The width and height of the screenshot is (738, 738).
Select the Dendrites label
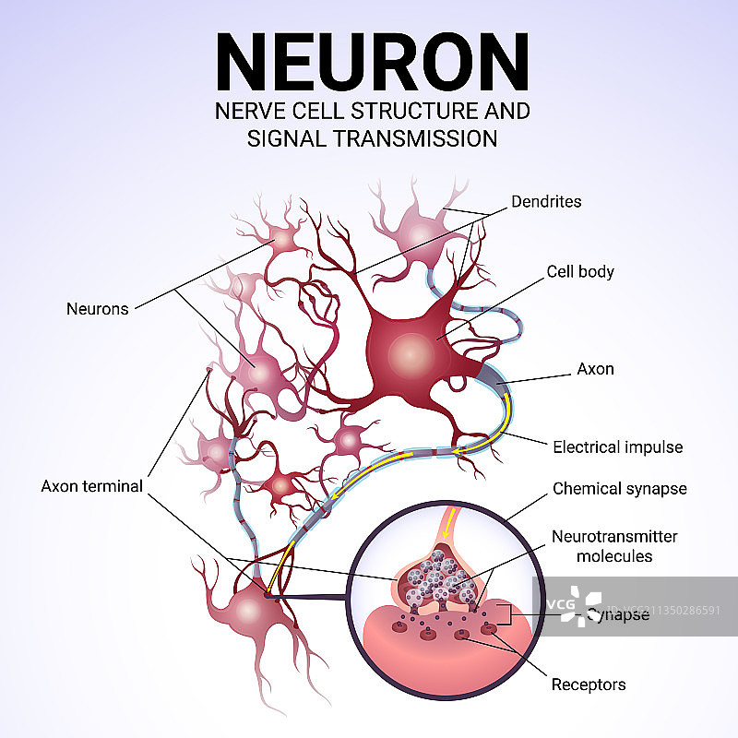(548, 200)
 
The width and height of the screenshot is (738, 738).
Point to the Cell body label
(580, 272)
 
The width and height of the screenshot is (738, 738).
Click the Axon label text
(595, 369)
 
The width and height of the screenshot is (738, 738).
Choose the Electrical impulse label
(617, 447)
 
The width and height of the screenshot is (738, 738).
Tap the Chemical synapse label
(619, 489)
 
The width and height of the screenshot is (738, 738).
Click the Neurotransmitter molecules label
(613, 546)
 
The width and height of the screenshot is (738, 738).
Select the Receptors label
(588, 684)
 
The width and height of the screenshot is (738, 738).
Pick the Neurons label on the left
(97, 309)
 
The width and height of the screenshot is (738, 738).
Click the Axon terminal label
(91, 486)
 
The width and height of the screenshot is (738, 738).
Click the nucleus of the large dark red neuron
(407, 351)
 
